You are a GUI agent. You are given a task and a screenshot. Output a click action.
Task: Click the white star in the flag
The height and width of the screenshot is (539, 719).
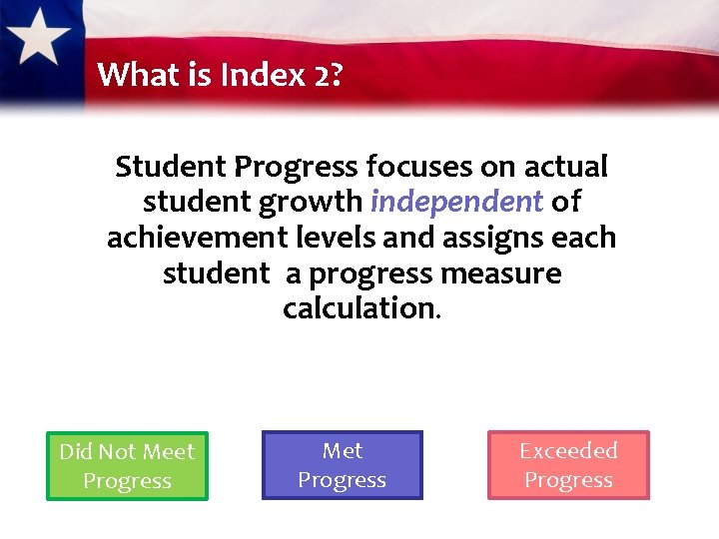point(41,39)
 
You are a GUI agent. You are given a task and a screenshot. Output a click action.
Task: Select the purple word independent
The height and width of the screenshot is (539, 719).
point(456,202)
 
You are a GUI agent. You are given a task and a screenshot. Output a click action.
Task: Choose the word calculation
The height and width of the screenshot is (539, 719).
point(359,308)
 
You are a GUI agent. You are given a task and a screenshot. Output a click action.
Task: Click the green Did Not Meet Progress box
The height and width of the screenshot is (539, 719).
point(127,466)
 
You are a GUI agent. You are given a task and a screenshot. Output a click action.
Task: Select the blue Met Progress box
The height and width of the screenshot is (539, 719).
point(342,465)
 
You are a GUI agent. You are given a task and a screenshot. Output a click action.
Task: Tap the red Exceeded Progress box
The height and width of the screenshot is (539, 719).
point(568,465)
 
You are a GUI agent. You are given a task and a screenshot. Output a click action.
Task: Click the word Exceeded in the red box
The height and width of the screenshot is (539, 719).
point(568,451)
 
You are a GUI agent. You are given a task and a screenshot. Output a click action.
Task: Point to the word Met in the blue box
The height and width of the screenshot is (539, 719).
point(343,451)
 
